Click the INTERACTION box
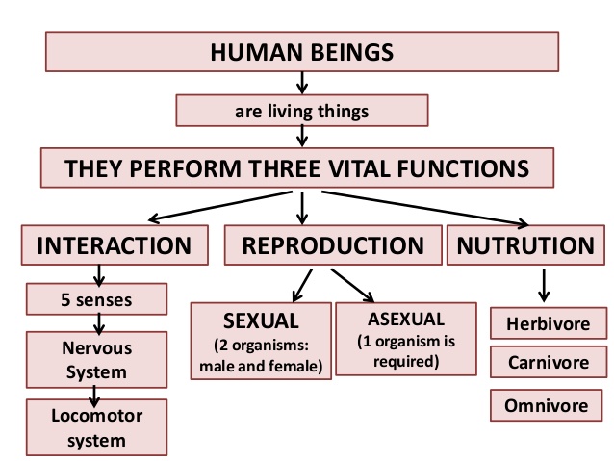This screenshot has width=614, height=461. point(114,245)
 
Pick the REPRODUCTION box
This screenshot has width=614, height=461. point(333,245)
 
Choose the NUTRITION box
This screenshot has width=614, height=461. point(525,245)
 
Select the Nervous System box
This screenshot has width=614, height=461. point(94,358)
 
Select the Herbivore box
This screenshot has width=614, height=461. point(547,323)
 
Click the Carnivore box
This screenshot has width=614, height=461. point(547,364)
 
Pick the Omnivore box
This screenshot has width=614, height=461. point(547,405)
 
